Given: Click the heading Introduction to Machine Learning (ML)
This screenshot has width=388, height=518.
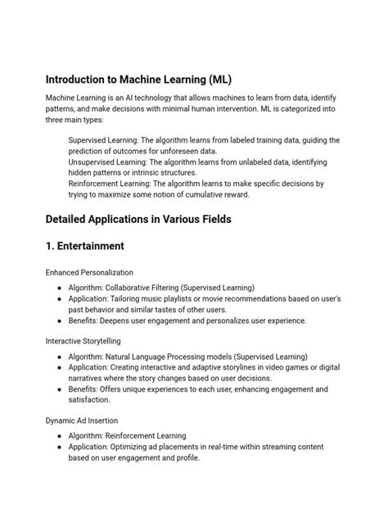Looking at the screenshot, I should click(138, 80).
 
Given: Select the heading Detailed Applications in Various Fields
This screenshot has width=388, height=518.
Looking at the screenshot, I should click(138, 219).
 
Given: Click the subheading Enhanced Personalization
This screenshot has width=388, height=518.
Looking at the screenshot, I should click(89, 272).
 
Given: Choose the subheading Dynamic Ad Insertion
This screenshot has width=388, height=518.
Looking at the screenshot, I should click(80, 420).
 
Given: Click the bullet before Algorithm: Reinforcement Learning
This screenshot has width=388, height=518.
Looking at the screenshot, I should click(61, 436).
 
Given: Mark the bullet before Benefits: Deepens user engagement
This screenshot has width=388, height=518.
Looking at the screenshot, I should click(61, 321).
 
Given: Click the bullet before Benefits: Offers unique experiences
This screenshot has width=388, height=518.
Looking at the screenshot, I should click(61, 390).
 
